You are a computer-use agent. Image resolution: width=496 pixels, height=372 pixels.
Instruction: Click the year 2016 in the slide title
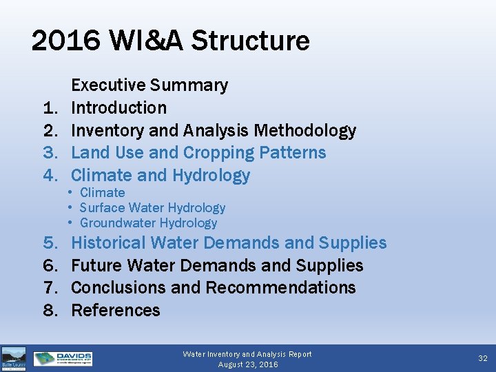coord(61,41)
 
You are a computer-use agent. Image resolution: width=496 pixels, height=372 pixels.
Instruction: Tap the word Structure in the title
coord(251,41)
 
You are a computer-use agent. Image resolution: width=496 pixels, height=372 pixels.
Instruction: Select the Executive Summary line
coord(149,85)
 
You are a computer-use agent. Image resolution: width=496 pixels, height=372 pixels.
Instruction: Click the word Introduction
coord(118,107)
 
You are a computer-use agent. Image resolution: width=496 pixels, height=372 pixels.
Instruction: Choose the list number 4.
coord(50,175)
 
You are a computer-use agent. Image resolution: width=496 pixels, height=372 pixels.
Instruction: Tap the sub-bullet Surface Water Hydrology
coord(152,207)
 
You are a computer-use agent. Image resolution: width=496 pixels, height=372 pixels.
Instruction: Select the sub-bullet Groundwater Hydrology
coord(148,223)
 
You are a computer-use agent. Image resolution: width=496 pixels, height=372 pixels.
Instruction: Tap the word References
coord(116,310)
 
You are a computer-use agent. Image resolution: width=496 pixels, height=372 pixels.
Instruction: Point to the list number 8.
coord(50,310)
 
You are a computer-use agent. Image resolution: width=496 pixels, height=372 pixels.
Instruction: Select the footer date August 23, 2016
coord(248,364)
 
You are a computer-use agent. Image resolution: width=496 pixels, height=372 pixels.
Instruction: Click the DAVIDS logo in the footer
coord(63,359)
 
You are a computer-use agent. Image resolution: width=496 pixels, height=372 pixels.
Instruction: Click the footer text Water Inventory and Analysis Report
coord(247,354)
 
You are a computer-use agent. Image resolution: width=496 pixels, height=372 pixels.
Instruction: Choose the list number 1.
coord(50,107)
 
